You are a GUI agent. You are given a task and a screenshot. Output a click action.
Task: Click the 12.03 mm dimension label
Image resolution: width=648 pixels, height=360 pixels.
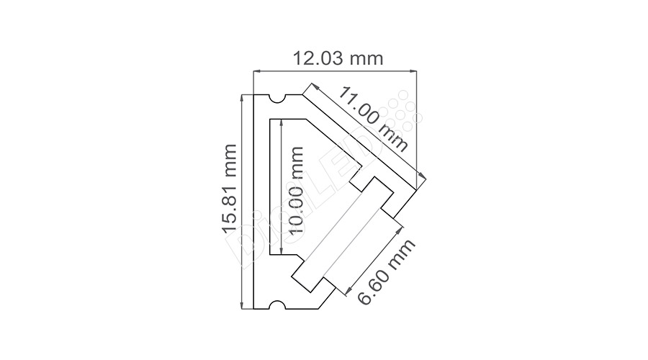click(338, 58)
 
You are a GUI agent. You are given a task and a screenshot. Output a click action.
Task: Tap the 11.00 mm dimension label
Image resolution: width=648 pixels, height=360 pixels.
click(373, 119)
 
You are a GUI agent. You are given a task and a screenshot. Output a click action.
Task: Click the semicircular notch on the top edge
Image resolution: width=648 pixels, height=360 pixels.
click(277, 99)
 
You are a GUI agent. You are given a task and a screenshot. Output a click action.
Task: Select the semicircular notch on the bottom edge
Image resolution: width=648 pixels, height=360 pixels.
click(277, 305)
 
